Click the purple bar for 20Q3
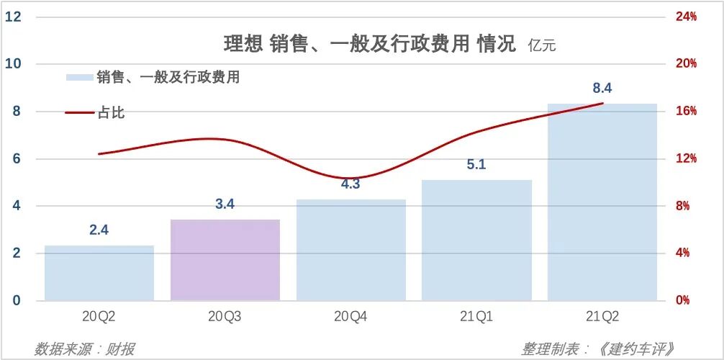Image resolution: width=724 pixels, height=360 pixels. click(225, 260)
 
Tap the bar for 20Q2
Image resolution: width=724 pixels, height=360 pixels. click(99, 273)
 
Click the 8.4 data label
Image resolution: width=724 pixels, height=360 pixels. click(602, 89)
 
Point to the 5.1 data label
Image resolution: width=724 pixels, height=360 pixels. click(476, 165)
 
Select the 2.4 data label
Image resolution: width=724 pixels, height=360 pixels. click(99, 230)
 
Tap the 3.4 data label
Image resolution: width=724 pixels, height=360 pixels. click(225, 204)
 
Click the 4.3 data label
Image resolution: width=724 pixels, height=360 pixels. click(350, 184)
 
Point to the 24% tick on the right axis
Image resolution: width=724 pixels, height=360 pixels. click(686, 17)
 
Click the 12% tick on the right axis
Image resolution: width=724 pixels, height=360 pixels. click(686, 158)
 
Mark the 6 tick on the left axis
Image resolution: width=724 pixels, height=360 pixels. click(15, 158)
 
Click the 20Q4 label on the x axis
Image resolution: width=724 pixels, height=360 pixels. click(350, 317)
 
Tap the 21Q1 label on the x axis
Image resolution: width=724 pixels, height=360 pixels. click(476, 317)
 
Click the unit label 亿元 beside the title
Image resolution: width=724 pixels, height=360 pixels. click(541, 46)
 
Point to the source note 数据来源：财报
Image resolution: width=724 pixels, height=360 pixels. click(84, 349)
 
